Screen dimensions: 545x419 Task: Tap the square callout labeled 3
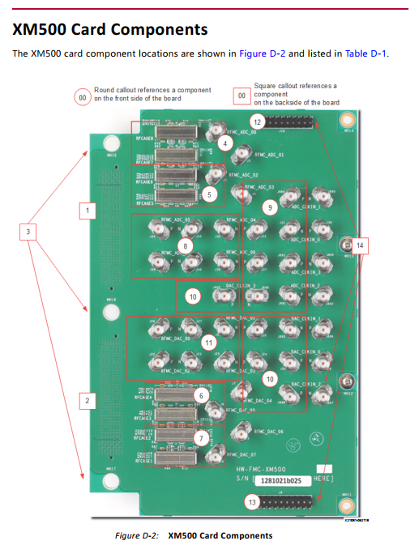(28, 232)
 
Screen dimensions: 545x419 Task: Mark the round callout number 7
(200, 438)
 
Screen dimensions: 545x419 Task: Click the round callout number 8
(186, 245)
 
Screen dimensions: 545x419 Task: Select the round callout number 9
(271, 207)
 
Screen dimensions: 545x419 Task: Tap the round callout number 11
(210, 343)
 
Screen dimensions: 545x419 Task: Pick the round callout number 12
(256, 121)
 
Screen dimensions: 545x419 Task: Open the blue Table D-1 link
(366, 53)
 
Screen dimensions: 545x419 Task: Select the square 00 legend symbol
(241, 96)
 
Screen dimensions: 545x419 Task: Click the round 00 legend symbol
(81, 96)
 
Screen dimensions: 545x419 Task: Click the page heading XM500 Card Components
(110, 30)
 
